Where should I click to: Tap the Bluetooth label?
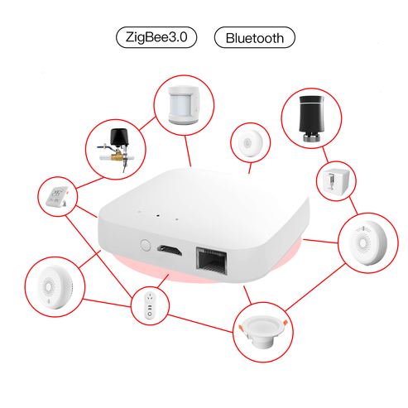[254, 38]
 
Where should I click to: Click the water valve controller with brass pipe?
[118, 149]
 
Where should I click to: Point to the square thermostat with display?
[57, 196]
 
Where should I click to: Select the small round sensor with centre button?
[249, 143]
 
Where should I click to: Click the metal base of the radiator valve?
[310, 138]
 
